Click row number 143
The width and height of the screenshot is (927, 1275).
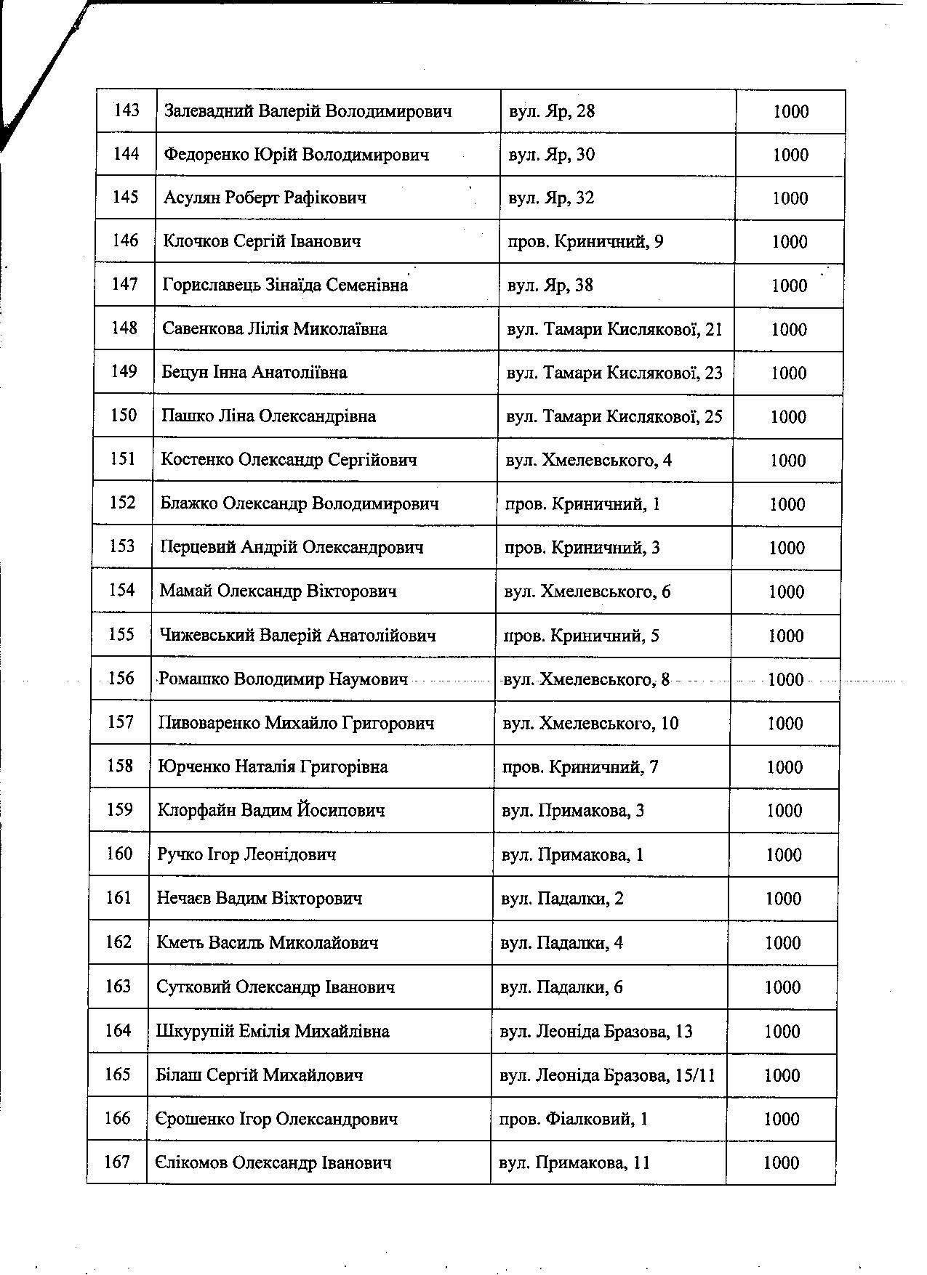127,111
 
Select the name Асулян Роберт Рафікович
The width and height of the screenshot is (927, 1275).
265,198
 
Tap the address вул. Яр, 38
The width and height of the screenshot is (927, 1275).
550,285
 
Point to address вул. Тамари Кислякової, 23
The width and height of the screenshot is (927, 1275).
614,373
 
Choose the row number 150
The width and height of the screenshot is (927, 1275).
124,416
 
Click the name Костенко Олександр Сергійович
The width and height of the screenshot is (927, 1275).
289,460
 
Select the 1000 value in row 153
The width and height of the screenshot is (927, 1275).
787,548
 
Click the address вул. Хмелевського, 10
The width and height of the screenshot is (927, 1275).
590,723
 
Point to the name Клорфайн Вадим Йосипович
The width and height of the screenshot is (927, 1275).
270,810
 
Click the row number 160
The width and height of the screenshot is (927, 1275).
120,854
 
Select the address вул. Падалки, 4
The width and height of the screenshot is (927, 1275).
562,943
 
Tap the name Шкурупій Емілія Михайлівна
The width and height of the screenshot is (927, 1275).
273,1031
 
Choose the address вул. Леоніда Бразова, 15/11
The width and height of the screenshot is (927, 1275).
608,1075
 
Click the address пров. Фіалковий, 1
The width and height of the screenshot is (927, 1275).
574,1119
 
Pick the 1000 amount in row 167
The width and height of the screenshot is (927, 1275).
781,1163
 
